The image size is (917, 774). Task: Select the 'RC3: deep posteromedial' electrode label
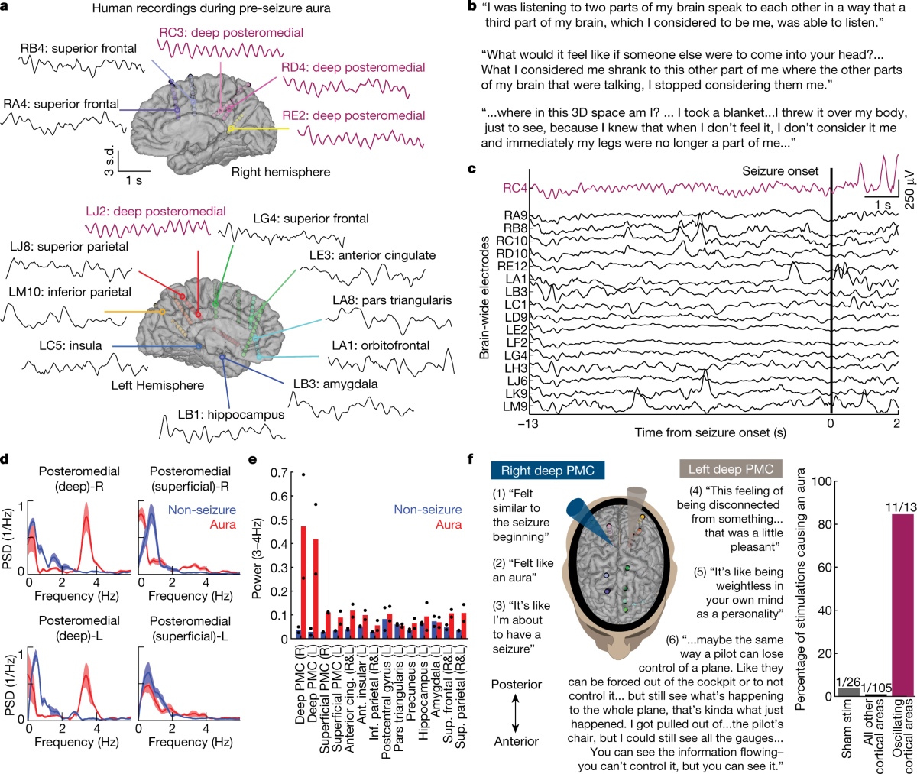(x=231, y=33)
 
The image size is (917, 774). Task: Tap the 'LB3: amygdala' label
(x=335, y=384)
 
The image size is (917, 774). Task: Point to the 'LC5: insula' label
(x=70, y=345)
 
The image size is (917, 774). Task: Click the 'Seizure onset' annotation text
(x=780, y=171)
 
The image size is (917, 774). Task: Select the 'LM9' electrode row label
(x=515, y=406)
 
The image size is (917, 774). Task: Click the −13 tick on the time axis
(x=528, y=423)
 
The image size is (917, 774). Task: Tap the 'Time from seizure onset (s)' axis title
(x=710, y=432)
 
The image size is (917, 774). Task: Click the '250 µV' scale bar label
(x=909, y=189)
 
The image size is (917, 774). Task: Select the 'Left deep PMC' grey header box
(x=731, y=469)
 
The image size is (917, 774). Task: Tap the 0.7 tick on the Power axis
(x=279, y=473)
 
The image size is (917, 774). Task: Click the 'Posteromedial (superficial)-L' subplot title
(x=190, y=628)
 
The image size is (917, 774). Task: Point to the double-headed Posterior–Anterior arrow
(x=516, y=713)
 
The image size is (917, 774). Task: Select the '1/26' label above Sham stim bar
(x=848, y=682)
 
